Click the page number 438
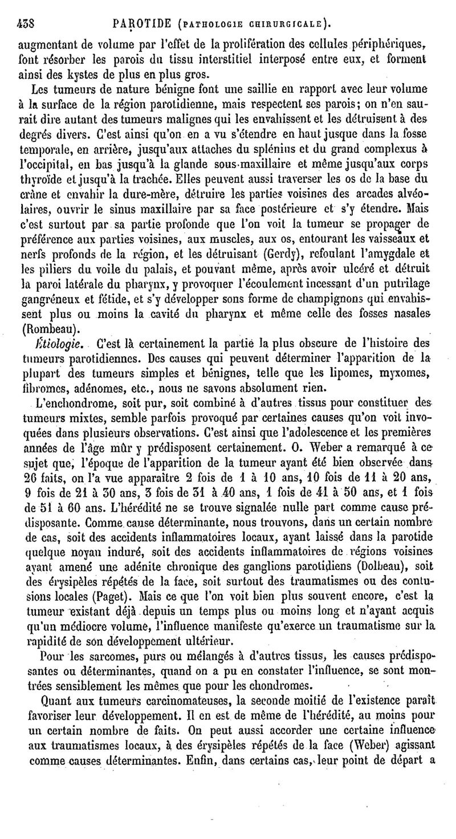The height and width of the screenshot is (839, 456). click(x=25, y=25)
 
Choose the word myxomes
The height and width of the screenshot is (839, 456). click(x=410, y=372)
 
